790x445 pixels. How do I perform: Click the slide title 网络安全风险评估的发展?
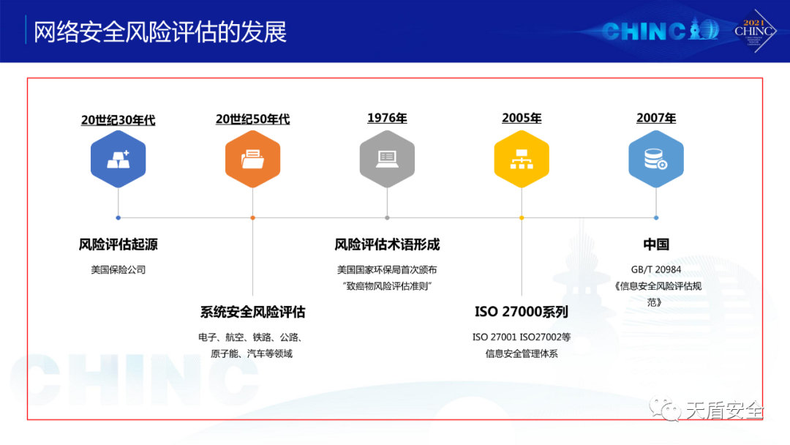pyautogui.click(x=160, y=31)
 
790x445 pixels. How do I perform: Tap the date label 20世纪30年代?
pyautogui.click(x=118, y=120)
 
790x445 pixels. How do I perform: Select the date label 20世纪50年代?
pyautogui.click(x=253, y=119)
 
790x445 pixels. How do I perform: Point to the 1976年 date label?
pyautogui.click(x=387, y=118)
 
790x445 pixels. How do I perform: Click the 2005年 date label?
pyautogui.click(x=522, y=118)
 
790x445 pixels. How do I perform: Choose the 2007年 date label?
pyautogui.click(x=656, y=118)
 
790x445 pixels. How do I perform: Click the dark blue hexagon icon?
pyautogui.click(x=118, y=159)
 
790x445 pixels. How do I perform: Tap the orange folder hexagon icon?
pyautogui.click(x=253, y=159)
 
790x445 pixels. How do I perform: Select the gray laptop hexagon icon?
pyautogui.click(x=387, y=159)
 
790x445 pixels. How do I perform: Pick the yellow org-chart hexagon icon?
pyautogui.click(x=522, y=159)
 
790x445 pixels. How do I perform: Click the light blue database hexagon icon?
pyautogui.click(x=656, y=159)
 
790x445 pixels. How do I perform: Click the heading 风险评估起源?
pyautogui.click(x=118, y=244)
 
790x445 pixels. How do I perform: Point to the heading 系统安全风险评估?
pyautogui.click(x=253, y=312)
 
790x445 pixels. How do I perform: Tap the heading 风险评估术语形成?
pyautogui.click(x=387, y=244)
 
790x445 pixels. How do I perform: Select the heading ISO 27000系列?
pyautogui.click(x=522, y=312)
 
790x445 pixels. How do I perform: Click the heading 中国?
pyautogui.click(x=656, y=244)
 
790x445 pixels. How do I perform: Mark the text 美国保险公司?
pyautogui.click(x=118, y=269)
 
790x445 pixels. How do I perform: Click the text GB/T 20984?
pyautogui.click(x=656, y=269)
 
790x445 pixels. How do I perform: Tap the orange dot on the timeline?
pyautogui.click(x=253, y=217)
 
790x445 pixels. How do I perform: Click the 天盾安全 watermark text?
pyautogui.click(x=724, y=411)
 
